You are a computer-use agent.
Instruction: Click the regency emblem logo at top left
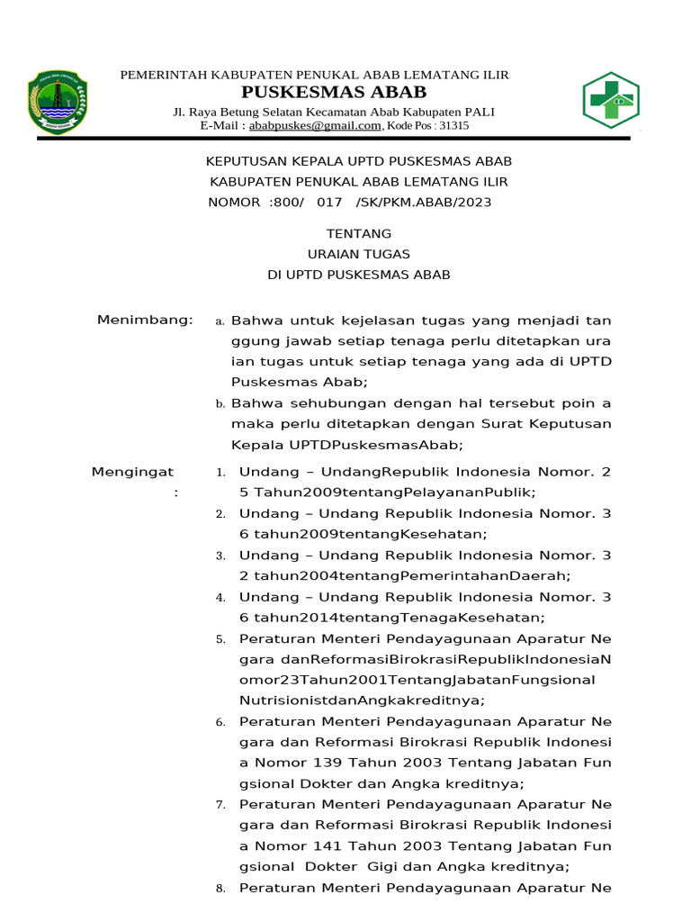(57, 102)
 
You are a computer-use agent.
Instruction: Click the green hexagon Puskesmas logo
(611, 100)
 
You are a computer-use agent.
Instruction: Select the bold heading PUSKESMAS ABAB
(334, 93)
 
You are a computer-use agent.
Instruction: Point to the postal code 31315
(453, 126)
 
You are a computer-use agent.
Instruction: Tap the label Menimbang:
(145, 320)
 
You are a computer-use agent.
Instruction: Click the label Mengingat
(133, 472)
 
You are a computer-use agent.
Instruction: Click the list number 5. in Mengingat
(220, 639)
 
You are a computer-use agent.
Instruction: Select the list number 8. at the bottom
(220, 889)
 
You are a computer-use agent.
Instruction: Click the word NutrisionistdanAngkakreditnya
(362, 700)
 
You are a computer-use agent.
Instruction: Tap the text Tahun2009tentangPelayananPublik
(395, 493)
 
